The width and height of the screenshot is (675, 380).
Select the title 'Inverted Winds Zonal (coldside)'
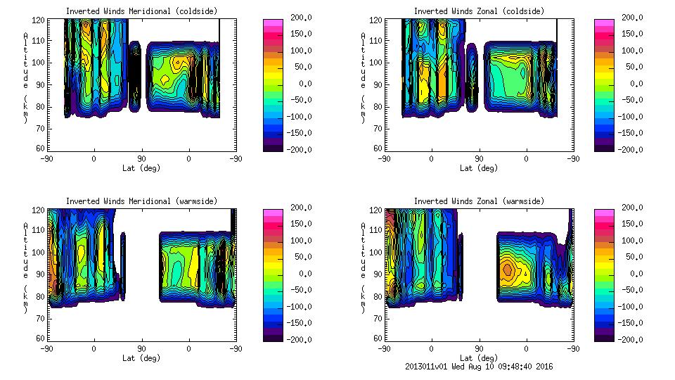point(479,11)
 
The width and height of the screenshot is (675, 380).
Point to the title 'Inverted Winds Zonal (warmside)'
point(479,201)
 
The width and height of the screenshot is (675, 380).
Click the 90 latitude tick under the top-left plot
point(141,159)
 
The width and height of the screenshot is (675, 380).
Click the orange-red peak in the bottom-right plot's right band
point(508,269)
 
